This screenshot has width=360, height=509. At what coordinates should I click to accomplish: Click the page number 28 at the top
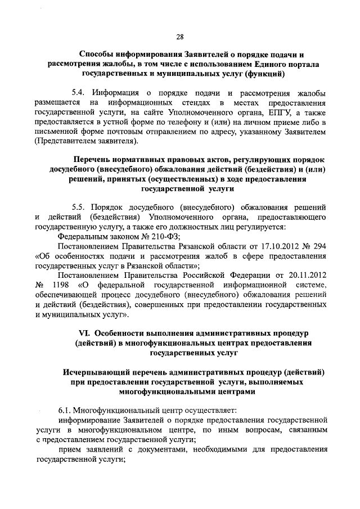pos(181,37)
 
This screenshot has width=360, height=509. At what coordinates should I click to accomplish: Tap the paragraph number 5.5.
pos(80,206)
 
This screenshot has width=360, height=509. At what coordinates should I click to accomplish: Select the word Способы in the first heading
pos(100,54)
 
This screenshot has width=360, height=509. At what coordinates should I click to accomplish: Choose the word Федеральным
pos(84,237)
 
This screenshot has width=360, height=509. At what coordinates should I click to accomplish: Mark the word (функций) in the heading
pos(259,74)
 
